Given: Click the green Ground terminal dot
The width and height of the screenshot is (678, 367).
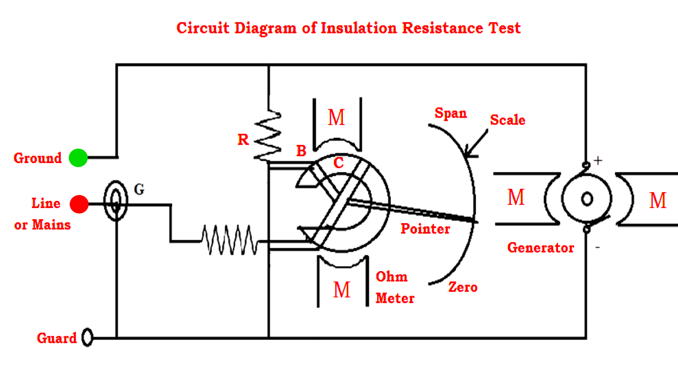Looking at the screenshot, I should pyautogui.click(x=78, y=158).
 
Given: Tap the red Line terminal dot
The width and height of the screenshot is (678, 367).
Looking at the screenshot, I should pyautogui.click(x=79, y=204).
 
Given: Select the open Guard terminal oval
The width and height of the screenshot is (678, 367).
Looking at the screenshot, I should pyautogui.click(x=87, y=337).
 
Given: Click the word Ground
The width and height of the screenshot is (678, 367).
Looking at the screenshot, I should pyautogui.click(x=38, y=158).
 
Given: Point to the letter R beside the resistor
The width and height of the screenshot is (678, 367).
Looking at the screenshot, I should pyautogui.click(x=243, y=140).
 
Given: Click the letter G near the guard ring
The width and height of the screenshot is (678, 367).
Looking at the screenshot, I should pyautogui.click(x=139, y=189).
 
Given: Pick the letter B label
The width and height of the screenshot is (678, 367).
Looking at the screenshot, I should pyautogui.click(x=301, y=151).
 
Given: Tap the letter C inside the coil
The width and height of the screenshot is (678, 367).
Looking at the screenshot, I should pyautogui.click(x=338, y=163).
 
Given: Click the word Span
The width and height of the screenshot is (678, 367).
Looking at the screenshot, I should pyautogui.click(x=450, y=113).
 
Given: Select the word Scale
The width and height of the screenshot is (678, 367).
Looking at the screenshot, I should pyautogui.click(x=507, y=120).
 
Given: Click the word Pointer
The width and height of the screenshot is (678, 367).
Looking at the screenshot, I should pyautogui.click(x=425, y=229).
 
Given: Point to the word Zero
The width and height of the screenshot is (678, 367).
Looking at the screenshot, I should pyautogui.click(x=462, y=287).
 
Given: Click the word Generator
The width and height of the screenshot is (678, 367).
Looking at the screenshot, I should pyautogui.click(x=541, y=248).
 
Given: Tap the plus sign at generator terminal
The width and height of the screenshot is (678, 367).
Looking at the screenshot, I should pyautogui.click(x=598, y=160).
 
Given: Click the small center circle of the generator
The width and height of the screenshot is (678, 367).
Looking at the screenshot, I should pyautogui.click(x=587, y=199).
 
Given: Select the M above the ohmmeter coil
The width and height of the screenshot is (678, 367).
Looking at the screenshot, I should pyautogui.click(x=336, y=117).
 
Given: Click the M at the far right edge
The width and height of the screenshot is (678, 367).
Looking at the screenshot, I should pyautogui.click(x=658, y=200).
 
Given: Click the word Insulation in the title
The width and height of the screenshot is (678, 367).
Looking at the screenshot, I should pyautogui.click(x=359, y=28).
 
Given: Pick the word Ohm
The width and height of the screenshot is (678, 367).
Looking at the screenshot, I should pyautogui.click(x=391, y=277).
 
